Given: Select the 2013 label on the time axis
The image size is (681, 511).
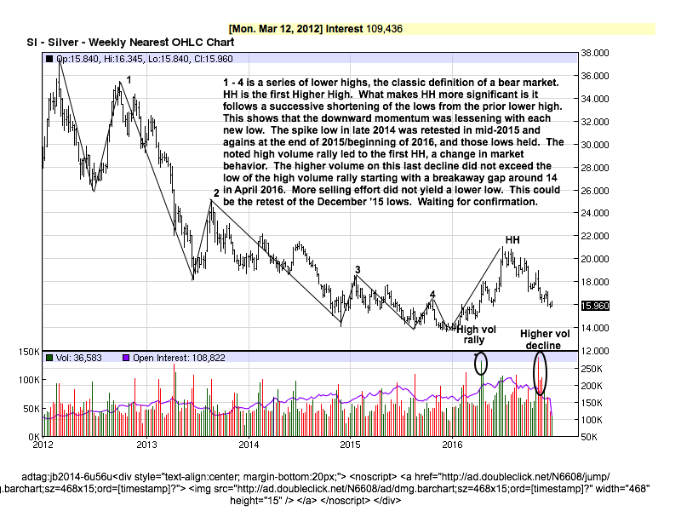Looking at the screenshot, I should coord(147,445).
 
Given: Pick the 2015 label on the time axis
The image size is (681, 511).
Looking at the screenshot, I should coord(350,445).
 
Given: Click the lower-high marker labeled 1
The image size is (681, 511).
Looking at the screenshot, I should coord(129,79).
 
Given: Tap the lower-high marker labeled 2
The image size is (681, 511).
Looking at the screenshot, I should coord(216,193).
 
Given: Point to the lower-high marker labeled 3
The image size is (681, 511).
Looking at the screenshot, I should coord(358,270).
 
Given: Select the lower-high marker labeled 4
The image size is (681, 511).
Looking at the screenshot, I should coord(432,295).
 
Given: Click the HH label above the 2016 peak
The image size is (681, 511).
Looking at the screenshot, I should coord(512,240).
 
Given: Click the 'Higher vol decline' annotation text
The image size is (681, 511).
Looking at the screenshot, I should coord(541,340).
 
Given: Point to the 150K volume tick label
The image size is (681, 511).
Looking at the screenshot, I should coord(29,352).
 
